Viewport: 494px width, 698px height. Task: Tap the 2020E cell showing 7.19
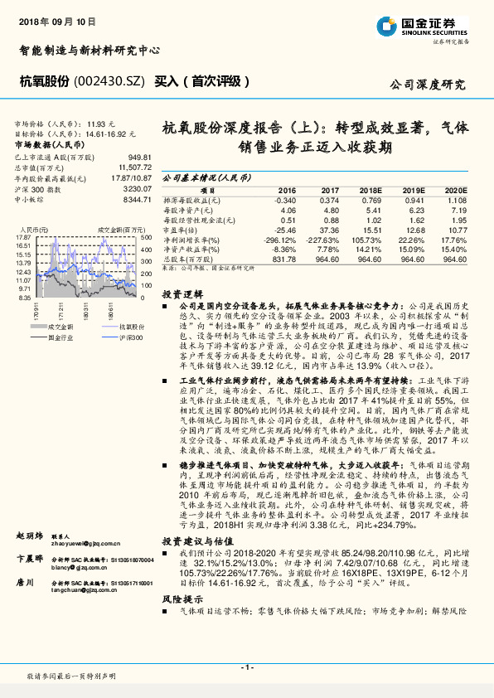459,211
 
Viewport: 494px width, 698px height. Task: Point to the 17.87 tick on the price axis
22,238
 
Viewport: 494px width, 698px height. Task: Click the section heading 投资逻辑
182,294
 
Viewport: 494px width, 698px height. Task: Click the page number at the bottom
246,667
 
